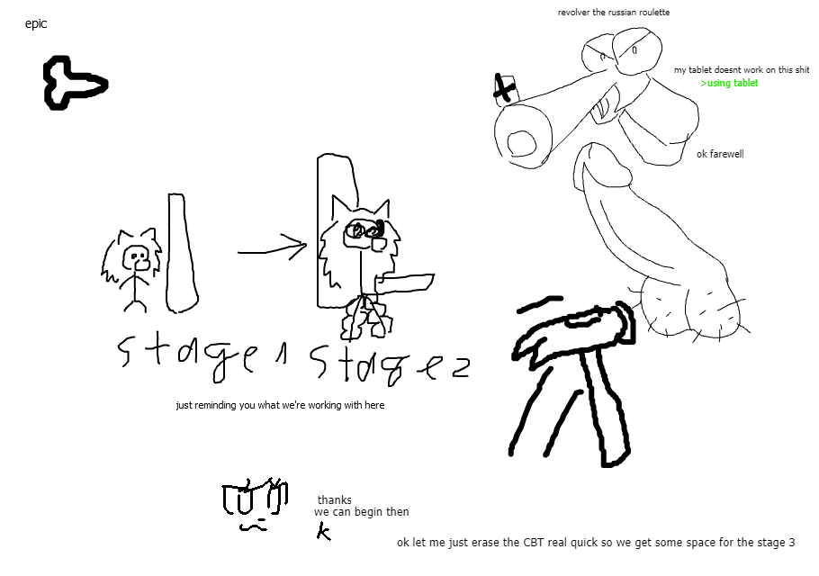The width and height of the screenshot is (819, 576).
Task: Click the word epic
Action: tap(36, 24)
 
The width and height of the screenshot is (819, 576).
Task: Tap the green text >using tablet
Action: tap(729, 83)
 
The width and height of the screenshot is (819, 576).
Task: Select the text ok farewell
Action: tap(720, 154)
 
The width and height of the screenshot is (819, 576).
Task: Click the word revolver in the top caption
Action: tap(573, 12)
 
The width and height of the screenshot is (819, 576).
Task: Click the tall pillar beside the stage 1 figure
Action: tap(181, 253)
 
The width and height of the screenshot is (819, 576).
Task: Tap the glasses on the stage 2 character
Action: tap(365, 230)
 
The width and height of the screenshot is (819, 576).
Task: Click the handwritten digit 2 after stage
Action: tap(460, 367)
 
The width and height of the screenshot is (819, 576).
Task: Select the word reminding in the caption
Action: tap(215, 405)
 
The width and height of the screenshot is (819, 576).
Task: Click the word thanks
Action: tap(334, 499)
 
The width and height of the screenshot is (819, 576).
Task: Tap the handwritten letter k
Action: tap(324, 532)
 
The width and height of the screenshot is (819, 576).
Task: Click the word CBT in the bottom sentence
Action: tap(535, 543)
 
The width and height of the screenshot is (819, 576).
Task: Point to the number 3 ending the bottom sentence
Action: tap(791, 543)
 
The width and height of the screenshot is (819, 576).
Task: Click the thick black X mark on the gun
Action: tap(503, 87)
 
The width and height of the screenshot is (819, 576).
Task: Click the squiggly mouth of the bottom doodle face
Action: tap(253, 526)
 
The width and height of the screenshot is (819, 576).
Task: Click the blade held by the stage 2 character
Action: tap(405, 283)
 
